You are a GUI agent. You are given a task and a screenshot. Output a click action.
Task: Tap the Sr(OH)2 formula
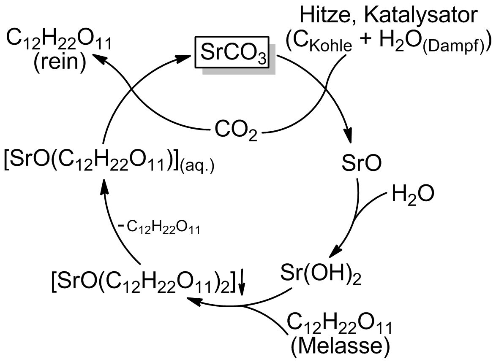tap(321, 274)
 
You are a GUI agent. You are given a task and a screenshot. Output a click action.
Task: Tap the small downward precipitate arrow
tap(242, 283)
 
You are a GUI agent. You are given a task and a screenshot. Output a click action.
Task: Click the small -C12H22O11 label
tap(159, 228)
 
